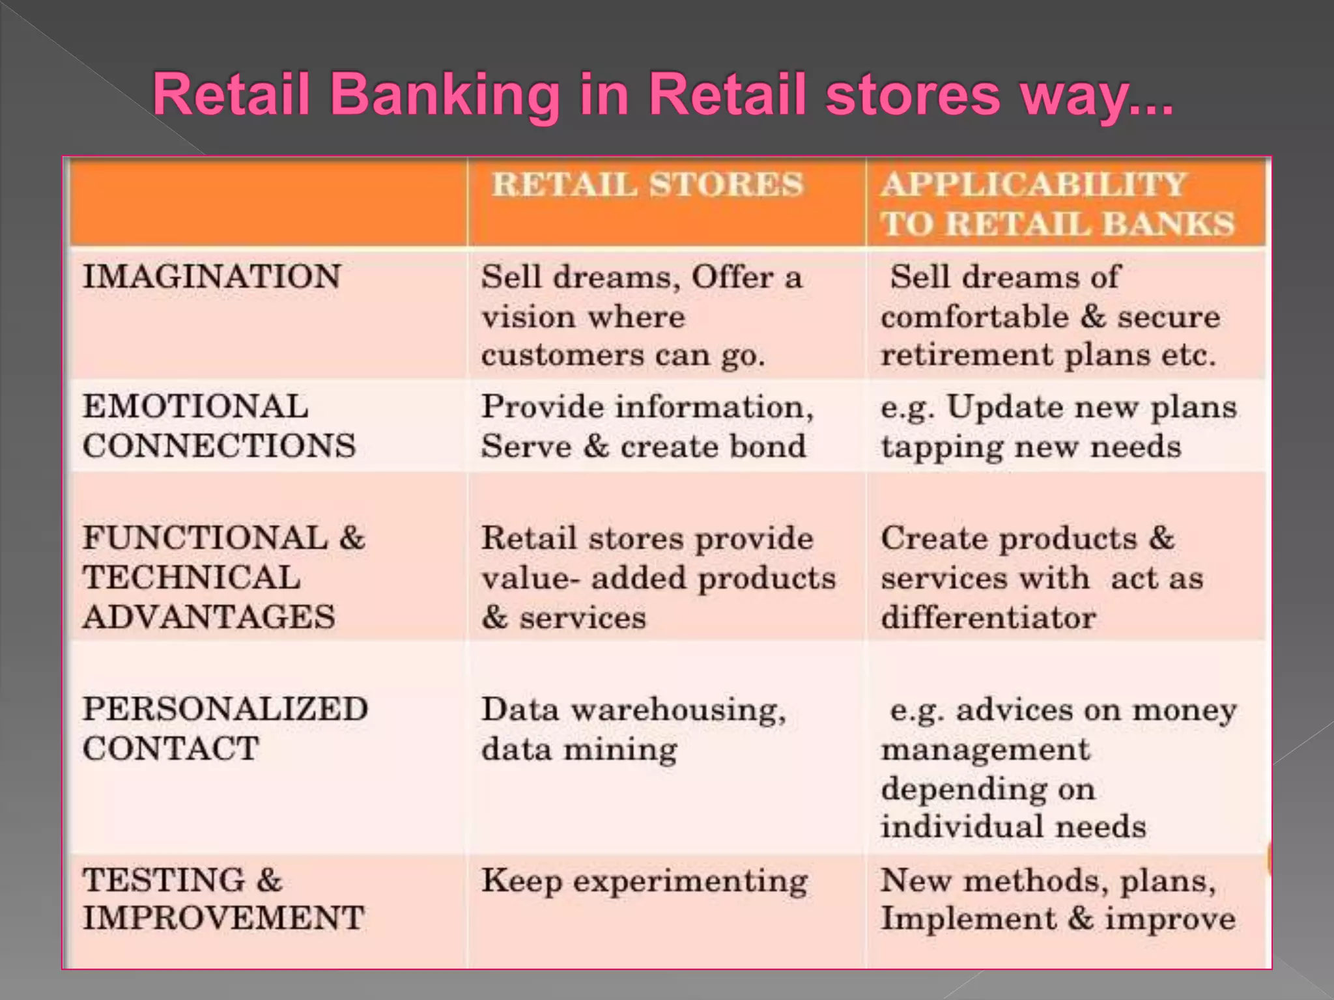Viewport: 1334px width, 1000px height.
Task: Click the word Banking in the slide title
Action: tap(445, 94)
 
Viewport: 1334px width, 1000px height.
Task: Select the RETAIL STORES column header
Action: tap(647, 184)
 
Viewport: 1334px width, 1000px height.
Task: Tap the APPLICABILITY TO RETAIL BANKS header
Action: tap(1057, 203)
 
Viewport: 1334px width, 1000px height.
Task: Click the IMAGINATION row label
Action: tap(212, 277)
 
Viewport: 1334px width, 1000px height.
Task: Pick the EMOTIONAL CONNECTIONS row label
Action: tap(219, 426)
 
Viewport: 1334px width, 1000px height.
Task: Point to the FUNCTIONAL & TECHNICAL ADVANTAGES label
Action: tap(223, 577)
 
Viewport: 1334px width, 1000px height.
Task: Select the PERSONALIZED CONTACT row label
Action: tap(225, 729)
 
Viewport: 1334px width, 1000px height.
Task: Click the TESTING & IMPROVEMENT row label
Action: tap(222, 899)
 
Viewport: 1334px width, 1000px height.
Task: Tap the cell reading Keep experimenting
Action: tap(644, 882)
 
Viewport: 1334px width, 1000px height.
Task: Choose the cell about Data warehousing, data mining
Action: tap(633, 729)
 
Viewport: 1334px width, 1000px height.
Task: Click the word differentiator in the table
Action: tap(988, 617)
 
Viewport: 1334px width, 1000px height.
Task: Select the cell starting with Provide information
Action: tap(647, 426)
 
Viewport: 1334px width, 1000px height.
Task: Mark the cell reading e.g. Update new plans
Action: tap(1058, 426)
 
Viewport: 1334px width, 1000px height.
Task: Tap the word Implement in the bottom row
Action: tap(969, 919)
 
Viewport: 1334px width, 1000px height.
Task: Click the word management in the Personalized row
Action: tap(985, 749)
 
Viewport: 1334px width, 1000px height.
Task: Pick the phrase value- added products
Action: tap(659, 578)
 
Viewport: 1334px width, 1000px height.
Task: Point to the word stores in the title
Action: tap(911, 94)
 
